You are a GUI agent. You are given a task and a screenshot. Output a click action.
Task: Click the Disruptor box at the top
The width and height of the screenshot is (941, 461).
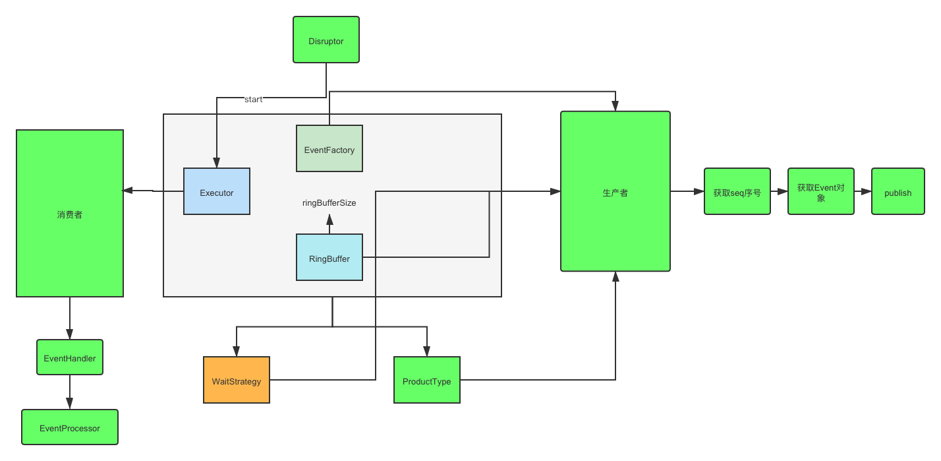(x=326, y=40)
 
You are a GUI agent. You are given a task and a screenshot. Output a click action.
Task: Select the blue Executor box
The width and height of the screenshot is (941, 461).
(x=217, y=191)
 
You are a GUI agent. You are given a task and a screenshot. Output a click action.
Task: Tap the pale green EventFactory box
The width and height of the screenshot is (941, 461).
(x=329, y=148)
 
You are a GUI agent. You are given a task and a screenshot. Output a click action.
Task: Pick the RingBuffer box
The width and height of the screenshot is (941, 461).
(x=329, y=257)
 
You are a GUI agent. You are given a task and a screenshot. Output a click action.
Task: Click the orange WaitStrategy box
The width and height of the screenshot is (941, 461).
(x=237, y=380)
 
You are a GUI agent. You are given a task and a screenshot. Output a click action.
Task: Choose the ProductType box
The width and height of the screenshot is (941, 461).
(x=427, y=380)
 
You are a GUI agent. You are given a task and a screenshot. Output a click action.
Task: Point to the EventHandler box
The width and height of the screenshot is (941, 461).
(x=70, y=357)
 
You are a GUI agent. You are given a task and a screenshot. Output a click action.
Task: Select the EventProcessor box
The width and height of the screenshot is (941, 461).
(x=70, y=427)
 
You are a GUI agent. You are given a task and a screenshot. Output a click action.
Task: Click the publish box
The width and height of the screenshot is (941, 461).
(x=898, y=191)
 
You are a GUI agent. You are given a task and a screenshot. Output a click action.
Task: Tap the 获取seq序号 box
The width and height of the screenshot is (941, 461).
(x=737, y=191)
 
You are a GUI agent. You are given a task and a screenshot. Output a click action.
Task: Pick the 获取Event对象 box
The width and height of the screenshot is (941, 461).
(x=821, y=191)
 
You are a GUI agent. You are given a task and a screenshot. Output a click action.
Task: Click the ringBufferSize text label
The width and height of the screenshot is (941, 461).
(x=329, y=202)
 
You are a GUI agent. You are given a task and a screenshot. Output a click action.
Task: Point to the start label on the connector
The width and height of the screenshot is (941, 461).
(x=253, y=100)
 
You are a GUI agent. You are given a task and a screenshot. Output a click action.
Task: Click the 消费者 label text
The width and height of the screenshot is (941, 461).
(x=70, y=214)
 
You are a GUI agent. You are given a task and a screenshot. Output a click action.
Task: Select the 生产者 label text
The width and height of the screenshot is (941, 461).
(x=615, y=193)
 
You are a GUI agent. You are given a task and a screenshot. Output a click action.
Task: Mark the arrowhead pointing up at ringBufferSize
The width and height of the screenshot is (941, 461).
(x=329, y=220)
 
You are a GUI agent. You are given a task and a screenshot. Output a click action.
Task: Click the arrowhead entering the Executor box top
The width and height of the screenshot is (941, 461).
(x=216, y=163)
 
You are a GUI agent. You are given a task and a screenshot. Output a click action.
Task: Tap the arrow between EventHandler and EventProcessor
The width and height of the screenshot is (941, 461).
(x=70, y=392)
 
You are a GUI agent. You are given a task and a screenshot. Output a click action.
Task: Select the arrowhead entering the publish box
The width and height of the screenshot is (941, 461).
(x=867, y=191)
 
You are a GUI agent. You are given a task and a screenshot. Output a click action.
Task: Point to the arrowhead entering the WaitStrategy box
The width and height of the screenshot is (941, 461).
(x=237, y=352)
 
